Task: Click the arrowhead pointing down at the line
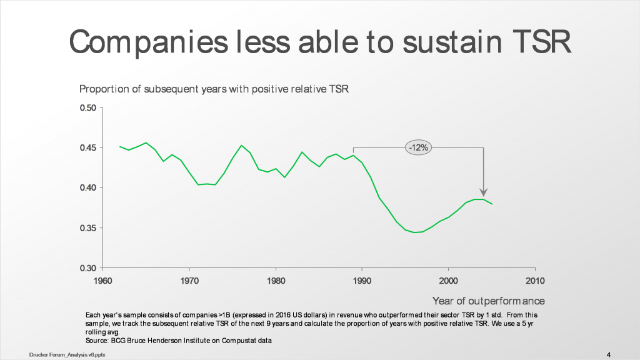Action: tap(484, 192)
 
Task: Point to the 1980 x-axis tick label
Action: tap(275, 280)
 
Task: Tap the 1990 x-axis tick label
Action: tap(362, 280)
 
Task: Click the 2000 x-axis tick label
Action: tap(448, 280)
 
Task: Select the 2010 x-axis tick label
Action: tap(534, 280)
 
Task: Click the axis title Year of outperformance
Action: tap(489, 301)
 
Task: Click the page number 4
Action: tap(609, 354)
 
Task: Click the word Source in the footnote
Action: tap(96, 341)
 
